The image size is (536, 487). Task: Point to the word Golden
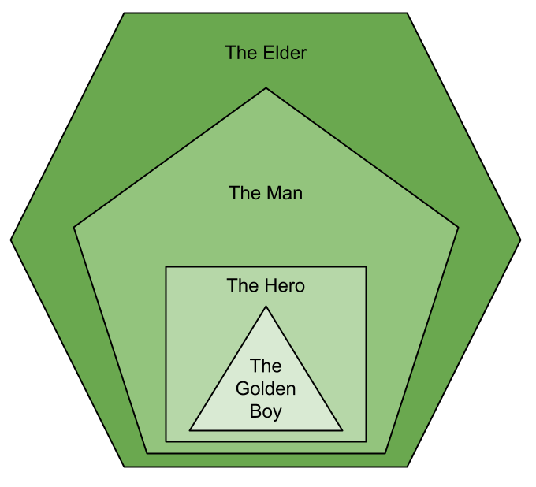pyautogui.click(x=266, y=388)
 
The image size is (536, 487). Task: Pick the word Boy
pyautogui.click(x=266, y=411)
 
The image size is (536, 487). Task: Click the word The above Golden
pyautogui.click(x=266, y=366)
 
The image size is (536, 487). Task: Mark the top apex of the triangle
pyautogui.click(x=266, y=306)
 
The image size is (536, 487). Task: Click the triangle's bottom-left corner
pyautogui.click(x=190, y=430)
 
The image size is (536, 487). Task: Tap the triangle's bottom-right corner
pyautogui.click(x=342, y=430)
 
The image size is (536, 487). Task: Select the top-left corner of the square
pyautogui.click(x=166, y=267)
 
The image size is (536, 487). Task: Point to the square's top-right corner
pyautogui.click(x=366, y=267)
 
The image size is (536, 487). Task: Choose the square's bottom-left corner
pyautogui.click(x=166, y=441)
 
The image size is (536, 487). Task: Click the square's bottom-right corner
pyautogui.click(x=366, y=441)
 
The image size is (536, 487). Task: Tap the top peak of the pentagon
pyautogui.click(x=266, y=87)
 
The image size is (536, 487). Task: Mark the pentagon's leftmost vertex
pyautogui.click(x=74, y=228)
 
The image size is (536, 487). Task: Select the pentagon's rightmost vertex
pyautogui.click(x=458, y=228)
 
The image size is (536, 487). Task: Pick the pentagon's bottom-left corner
pyautogui.click(x=147, y=453)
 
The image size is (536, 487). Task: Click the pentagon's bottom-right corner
pyautogui.click(x=385, y=453)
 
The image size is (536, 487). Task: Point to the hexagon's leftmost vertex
pyautogui.click(x=12, y=240)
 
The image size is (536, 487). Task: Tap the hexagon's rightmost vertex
pyautogui.click(x=519, y=240)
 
